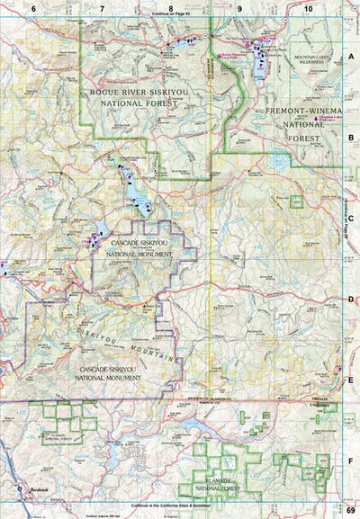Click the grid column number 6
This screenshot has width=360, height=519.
[33, 8]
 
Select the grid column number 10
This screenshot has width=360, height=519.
[308, 8]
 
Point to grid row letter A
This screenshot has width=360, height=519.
[351, 56]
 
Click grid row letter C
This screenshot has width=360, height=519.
[351, 216]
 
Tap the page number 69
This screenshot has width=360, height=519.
[350, 510]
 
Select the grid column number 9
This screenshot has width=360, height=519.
[240, 8]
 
